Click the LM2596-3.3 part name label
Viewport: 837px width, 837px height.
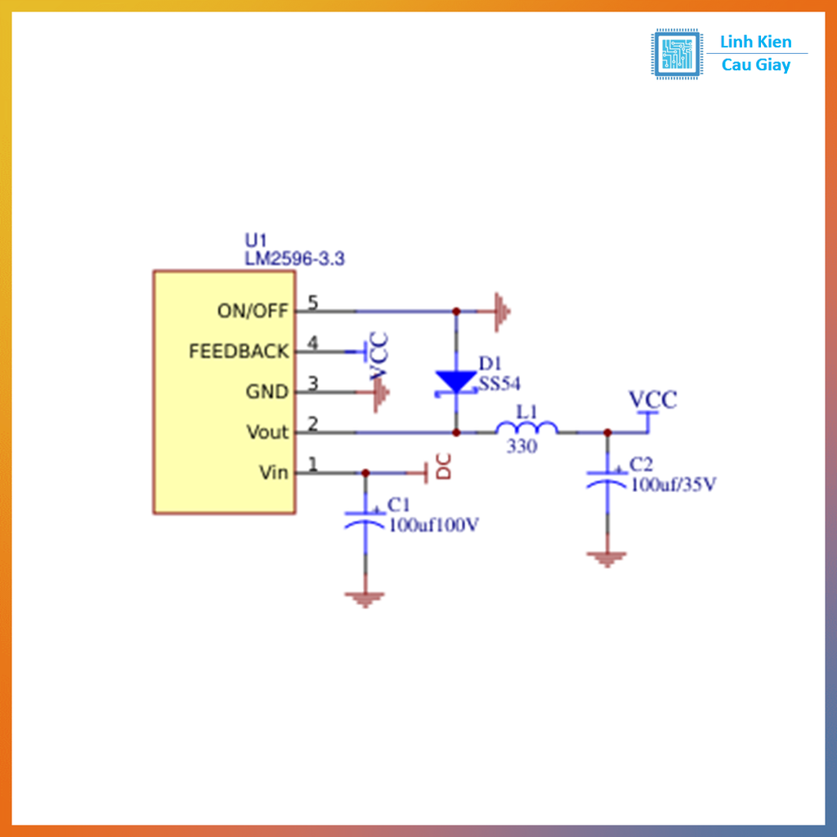coord(294,259)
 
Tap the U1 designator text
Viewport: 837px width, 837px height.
coord(256,240)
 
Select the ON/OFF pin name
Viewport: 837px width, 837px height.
coord(253,311)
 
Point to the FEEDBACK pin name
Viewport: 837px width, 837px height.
coord(239,351)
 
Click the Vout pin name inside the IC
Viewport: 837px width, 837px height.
coord(267,432)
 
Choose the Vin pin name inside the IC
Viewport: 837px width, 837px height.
coord(273,472)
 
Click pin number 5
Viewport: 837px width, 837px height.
coord(312,302)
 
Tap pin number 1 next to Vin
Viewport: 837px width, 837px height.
coord(312,464)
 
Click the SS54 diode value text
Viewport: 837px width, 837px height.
coord(499,383)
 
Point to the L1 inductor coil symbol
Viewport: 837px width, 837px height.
coord(527,429)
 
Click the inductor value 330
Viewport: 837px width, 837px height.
coord(522,447)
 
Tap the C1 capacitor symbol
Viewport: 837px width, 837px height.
coord(365,518)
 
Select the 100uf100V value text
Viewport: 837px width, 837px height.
coord(433,526)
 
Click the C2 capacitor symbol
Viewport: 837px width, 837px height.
coord(606,477)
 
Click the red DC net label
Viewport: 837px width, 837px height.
coord(443,467)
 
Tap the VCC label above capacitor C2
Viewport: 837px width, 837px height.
coord(652,401)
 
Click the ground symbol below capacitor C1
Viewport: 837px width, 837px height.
coord(365,599)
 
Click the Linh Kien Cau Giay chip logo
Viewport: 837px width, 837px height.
coord(676,54)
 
